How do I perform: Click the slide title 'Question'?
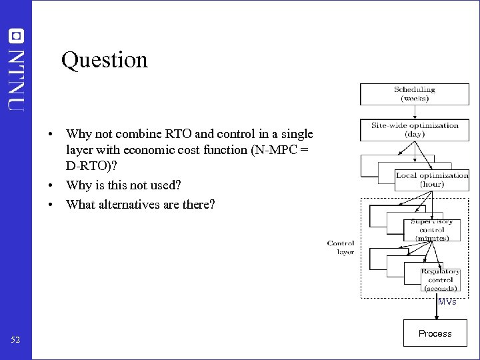tap(104, 61)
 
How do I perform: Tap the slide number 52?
tap(16, 341)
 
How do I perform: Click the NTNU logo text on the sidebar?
tap(17, 78)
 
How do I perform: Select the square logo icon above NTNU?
tap(16, 36)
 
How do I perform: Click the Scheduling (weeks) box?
tap(414, 94)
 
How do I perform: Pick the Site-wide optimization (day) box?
tap(414, 129)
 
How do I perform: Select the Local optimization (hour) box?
tap(431, 180)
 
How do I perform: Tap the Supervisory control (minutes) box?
tap(431, 229)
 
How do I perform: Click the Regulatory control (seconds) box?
tap(440, 280)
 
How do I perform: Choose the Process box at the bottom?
tap(435, 333)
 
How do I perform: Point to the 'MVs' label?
tap(447, 302)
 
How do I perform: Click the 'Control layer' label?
tap(341, 247)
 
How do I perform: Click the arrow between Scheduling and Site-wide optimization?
tap(414, 112)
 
